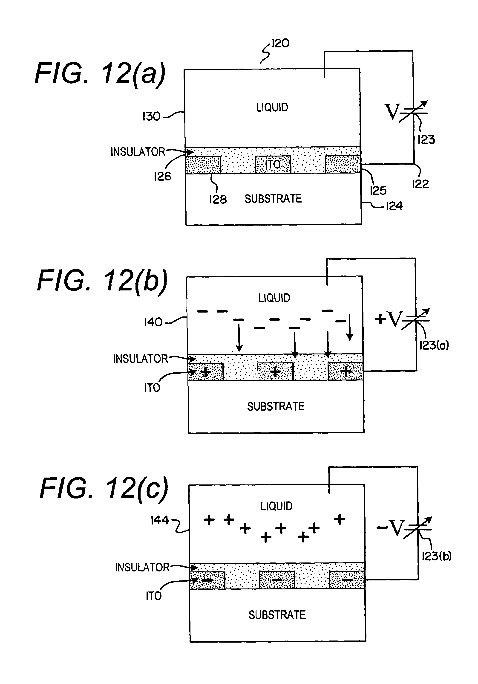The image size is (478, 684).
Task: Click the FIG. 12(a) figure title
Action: click(x=100, y=74)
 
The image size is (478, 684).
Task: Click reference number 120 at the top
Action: click(x=280, y=43)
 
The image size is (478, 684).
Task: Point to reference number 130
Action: click(x=152, y=116)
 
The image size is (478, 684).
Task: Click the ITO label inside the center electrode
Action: click(x=273, y=164)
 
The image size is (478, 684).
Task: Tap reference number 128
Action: click(x=218, y=199)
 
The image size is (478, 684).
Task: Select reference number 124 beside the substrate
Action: click(x=394, y=206)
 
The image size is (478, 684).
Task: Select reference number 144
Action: click(x=160, y=520)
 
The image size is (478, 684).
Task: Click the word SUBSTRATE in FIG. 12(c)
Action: click(x=277, y=615)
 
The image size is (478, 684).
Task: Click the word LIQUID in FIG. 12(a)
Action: click(x=272, y=107)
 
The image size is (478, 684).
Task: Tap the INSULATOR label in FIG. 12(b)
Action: click(x=140, y=359)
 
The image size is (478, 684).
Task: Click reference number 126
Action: click(x=163, y=176)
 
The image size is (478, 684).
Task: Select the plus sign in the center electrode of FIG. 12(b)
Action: click(x=275, y=371)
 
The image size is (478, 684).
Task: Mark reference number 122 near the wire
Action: click(x=420, y=184)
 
